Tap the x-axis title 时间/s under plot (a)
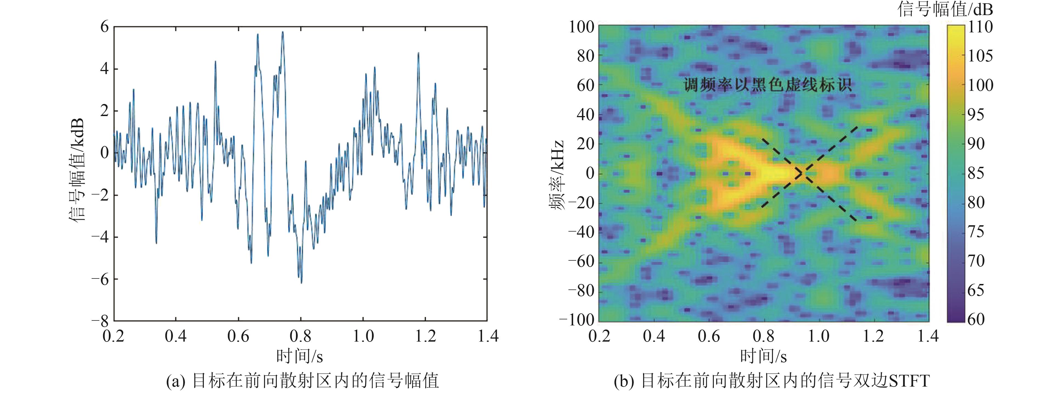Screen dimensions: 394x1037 [300, 356]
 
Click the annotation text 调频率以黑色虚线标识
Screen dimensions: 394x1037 [767, 85]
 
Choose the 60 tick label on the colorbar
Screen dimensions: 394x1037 [976, 319]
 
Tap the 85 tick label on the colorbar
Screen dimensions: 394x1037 [976, 173]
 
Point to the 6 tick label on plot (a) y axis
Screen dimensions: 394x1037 [105, 27]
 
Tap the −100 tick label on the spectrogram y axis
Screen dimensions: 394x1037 [576, 320]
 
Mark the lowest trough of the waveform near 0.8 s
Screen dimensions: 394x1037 [301, 283]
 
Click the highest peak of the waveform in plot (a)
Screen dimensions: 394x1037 [283, 32]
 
